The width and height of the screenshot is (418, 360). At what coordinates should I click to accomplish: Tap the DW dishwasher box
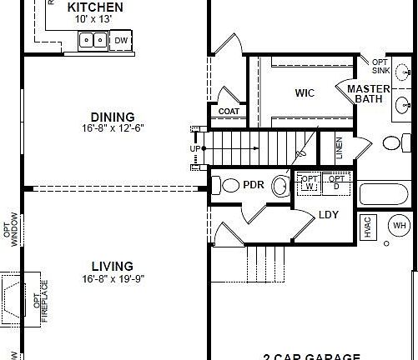click(122, 40)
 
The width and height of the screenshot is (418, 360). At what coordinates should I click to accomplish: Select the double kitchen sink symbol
click(92, 39)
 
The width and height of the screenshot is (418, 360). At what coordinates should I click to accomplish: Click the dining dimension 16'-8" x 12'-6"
click(113, 128)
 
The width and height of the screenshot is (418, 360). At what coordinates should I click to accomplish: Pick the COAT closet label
click(229, 111)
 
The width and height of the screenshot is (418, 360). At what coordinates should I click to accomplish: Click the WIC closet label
click(305, 92)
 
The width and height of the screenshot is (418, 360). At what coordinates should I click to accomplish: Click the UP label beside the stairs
click(195, 148)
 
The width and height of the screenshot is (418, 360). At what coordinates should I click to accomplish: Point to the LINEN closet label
click(338, 150)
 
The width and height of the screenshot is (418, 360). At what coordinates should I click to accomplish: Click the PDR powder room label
click(254, 185)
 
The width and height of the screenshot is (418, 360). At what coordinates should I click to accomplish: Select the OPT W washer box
click(310, 182)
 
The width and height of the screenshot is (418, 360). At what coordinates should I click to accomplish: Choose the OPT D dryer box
click(337, 182)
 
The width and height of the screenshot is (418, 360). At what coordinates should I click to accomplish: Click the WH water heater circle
click(400, 226)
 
